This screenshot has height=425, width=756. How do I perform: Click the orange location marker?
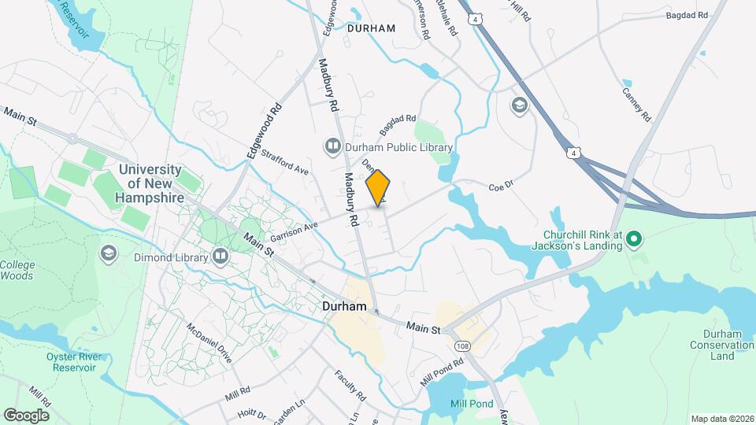[x=378, y=188]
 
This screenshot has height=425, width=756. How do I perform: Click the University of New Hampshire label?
[x=150, y=184]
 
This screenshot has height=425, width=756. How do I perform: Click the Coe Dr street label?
[x=500, y=187]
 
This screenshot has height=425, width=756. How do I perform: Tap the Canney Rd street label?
[x=636, y=104]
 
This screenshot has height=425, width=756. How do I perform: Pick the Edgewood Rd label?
[x=264, y=131]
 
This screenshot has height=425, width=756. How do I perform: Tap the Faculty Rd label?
[x=350, y=385]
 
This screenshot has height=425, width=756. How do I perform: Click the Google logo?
[x=26, y=415]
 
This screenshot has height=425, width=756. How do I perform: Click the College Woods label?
[x=17, y=270]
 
